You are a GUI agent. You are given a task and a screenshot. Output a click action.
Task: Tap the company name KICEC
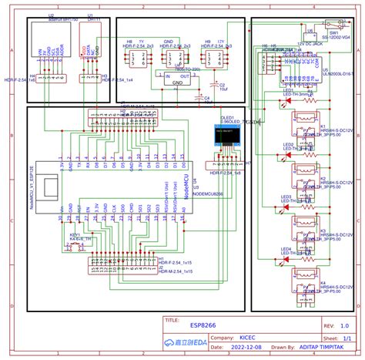coord(249,337)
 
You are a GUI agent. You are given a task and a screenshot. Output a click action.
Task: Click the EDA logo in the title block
coord(185,342)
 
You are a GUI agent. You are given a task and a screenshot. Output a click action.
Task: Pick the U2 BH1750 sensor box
coord(49,47)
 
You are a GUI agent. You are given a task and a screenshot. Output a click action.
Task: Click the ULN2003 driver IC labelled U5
coord(305,73)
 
